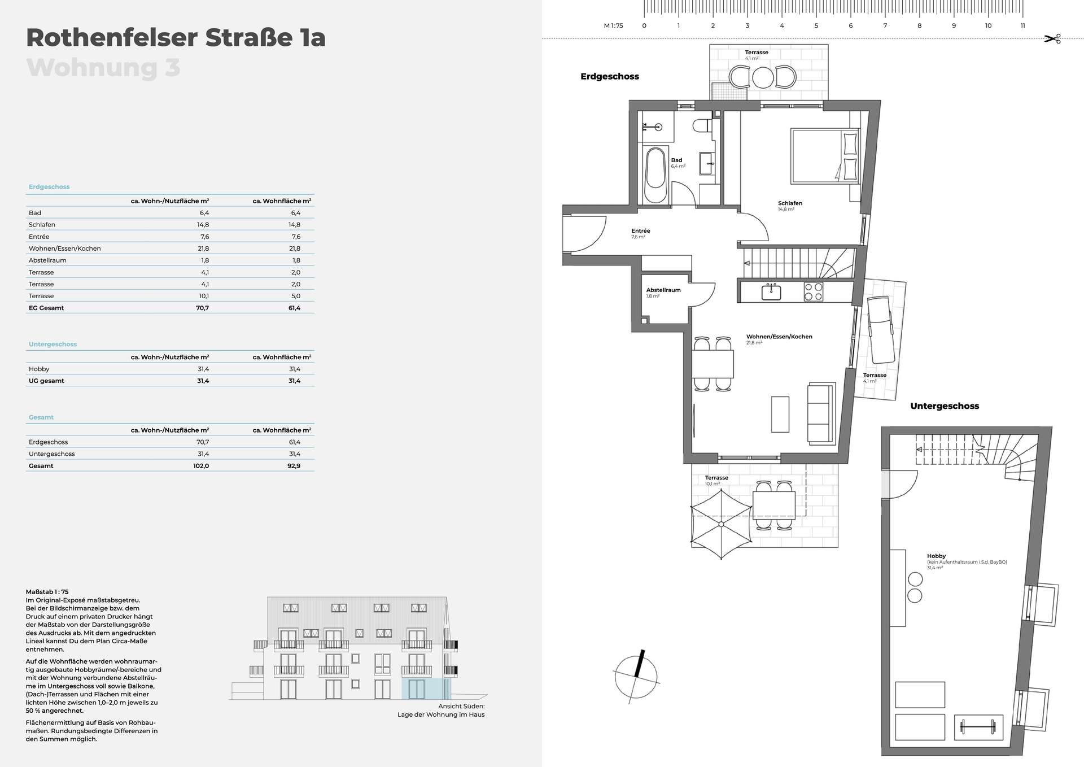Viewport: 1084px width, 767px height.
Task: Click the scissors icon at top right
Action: pyautogui.click(x=1052, y=39)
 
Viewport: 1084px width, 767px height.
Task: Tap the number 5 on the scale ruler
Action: pyautogui.click(x=816, y=25)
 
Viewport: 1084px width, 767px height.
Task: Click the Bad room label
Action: pyautogui.click(x=676, y=160)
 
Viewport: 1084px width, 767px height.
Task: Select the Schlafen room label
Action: pyautogui.click(x=790, y=203)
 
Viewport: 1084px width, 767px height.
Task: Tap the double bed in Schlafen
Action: pyautogui.click(x=825, y=155)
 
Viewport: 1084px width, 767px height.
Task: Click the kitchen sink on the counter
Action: pyautogui.click(x=771, y=292)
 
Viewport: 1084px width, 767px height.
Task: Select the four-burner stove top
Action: pyautogui.click(x=814, y=292)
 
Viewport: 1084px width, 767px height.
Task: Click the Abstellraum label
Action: pyautogui.click(x=663, y=290)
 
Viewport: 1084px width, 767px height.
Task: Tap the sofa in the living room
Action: pyautogui.click(x=821, y=413)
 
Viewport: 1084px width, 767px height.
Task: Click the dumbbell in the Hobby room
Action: pyautogui.click(x=979, y=727)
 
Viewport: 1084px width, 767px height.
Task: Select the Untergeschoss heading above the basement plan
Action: pyautogui.click(x=945, y=406)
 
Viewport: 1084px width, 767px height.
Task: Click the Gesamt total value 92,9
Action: pyautogui.click(x=294, y=466)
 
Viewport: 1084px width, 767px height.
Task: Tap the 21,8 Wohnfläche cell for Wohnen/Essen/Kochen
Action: pyautogui.click(x=294, y=249)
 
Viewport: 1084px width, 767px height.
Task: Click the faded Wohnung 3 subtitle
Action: pyautogui.click(x=103, y=68)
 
